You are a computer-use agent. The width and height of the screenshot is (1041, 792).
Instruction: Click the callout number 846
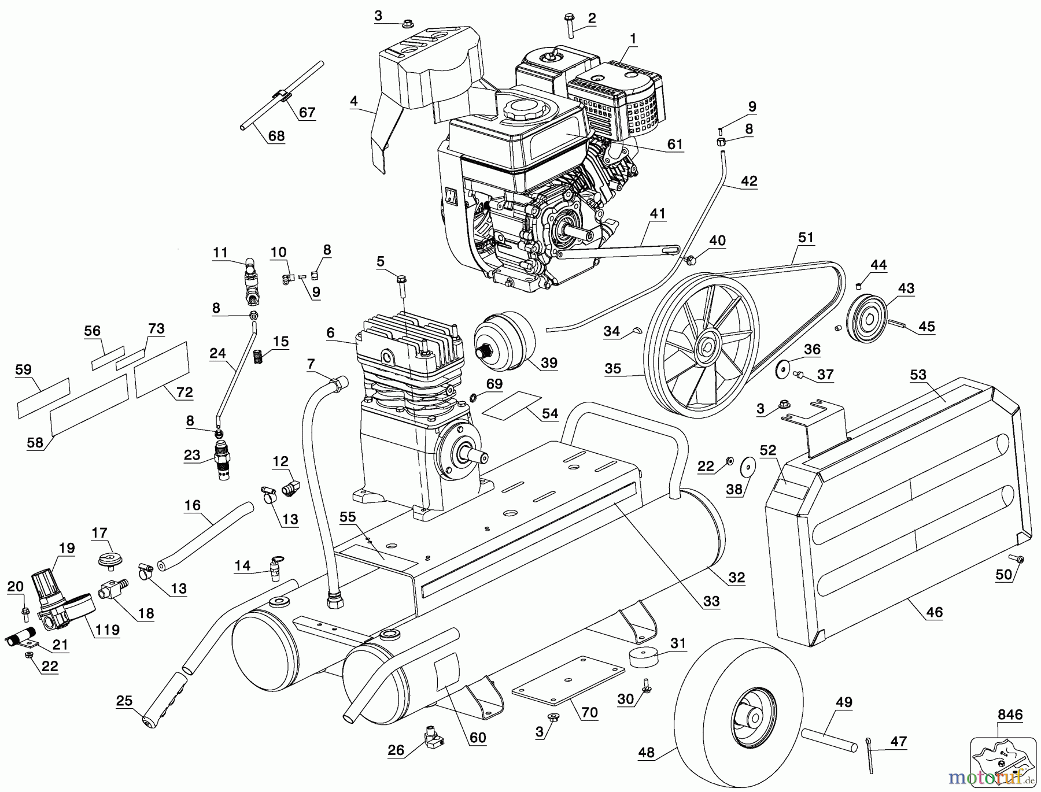pos(1009,715)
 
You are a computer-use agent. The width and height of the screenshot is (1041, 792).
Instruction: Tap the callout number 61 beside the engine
pos(675,144)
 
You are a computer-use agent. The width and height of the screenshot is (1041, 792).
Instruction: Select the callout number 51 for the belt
pos(806,237)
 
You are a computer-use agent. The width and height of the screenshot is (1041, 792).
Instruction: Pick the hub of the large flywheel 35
pos(707,346)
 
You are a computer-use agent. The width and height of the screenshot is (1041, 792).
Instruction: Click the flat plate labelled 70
pos(569,680)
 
